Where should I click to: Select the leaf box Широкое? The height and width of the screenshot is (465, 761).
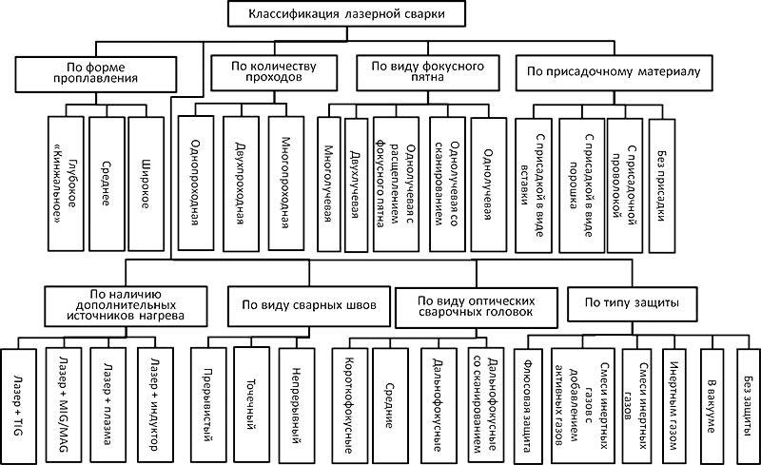pos(146,183)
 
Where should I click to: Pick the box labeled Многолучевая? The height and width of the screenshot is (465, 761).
pos(327,183)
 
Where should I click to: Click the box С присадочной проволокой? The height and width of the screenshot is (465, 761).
pos(625,183)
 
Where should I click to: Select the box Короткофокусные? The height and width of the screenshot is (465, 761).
pos(347,399)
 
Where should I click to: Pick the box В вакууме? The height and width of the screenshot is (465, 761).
pos(712,399)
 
